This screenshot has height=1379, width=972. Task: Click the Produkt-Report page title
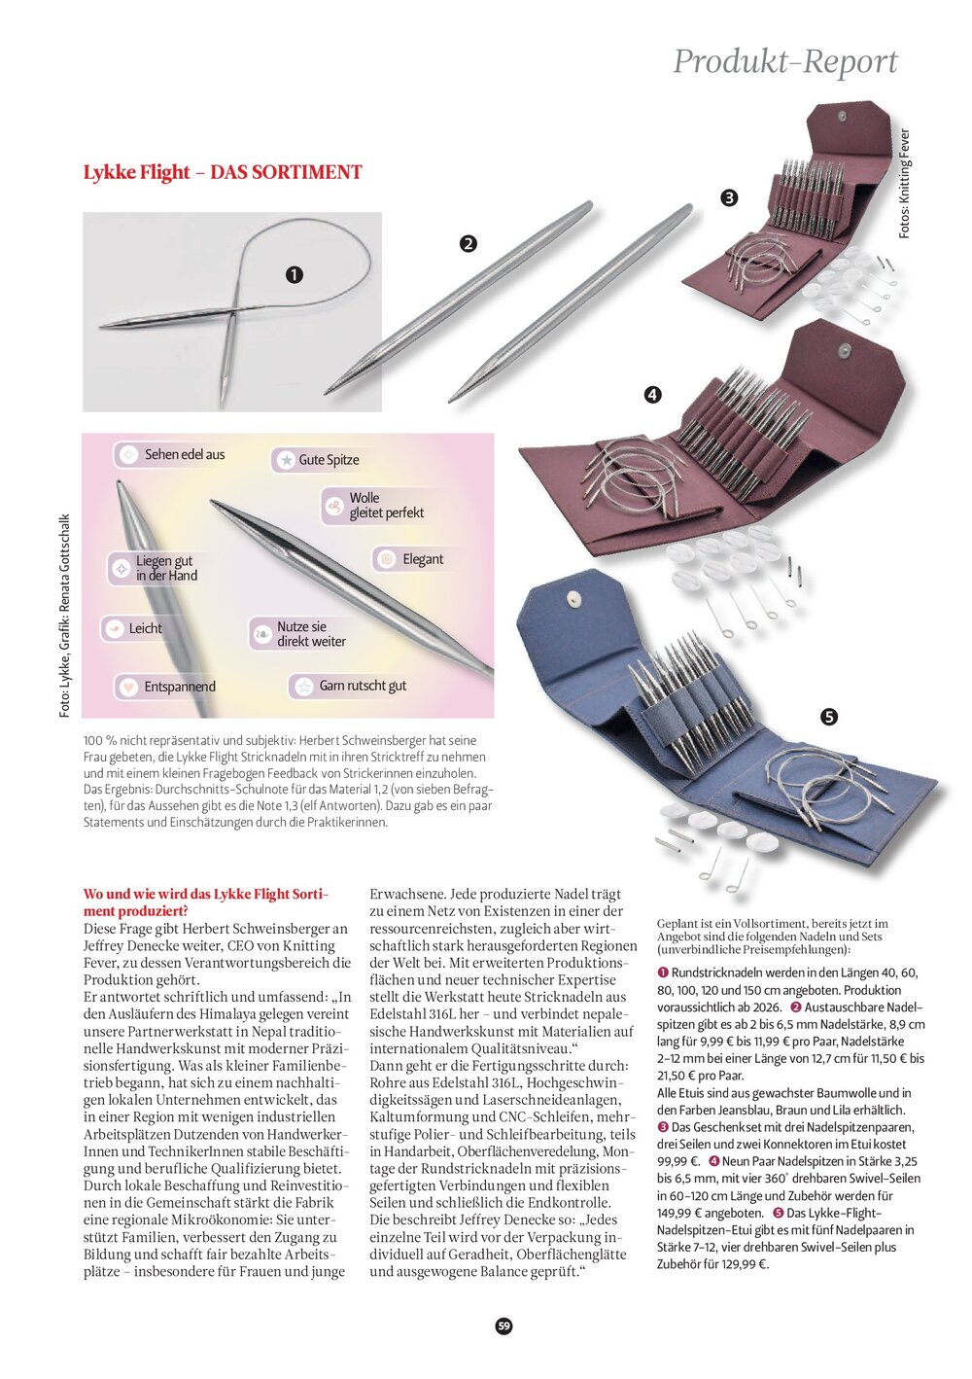[x=785, y=61]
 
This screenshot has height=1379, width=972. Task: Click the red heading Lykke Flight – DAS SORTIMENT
[x=223, y=173]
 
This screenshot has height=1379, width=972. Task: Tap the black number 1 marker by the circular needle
[x=294, y=275]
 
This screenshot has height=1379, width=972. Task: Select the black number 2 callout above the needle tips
[x=469, y=244]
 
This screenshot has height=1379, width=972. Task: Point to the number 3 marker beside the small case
[x=729, y=198]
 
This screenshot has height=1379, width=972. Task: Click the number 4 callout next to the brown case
[x=652, y=395]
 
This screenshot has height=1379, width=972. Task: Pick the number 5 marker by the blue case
[x=829, y=718]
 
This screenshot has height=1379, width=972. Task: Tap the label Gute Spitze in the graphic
[x=328, y=460]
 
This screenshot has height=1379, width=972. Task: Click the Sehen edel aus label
[x=184, y=454]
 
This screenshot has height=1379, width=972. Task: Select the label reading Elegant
[x=422, y=559]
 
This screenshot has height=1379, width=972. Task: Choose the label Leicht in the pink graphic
[x=145, y=628]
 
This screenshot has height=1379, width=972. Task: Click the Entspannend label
[x=179, y=687]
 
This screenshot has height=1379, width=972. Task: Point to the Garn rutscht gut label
[x=362, y=686]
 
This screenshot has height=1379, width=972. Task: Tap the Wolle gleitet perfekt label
[x=386, y=505]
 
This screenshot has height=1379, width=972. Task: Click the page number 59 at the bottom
[x=503, y=1326]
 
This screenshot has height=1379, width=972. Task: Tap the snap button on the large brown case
[x=845, y=349]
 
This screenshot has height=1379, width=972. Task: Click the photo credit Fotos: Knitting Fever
[x=905, y=184]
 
